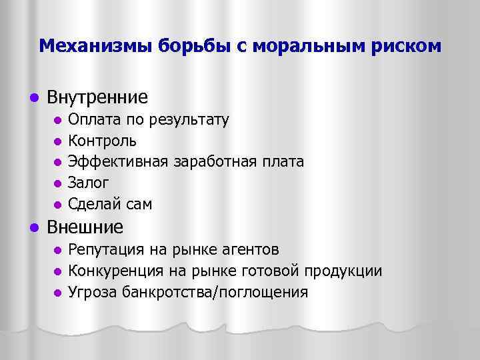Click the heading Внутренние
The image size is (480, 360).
click(x=97, y=97)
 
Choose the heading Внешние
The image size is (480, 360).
click(x=85, y=227)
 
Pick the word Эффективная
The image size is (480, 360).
click(x=119, y=162)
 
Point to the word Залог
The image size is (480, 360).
click(x=88, y=183)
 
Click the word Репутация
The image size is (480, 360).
click(x=105, y=249)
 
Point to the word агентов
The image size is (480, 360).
click(x=246, y=249)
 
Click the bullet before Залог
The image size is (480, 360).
click(x=57, y=183)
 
